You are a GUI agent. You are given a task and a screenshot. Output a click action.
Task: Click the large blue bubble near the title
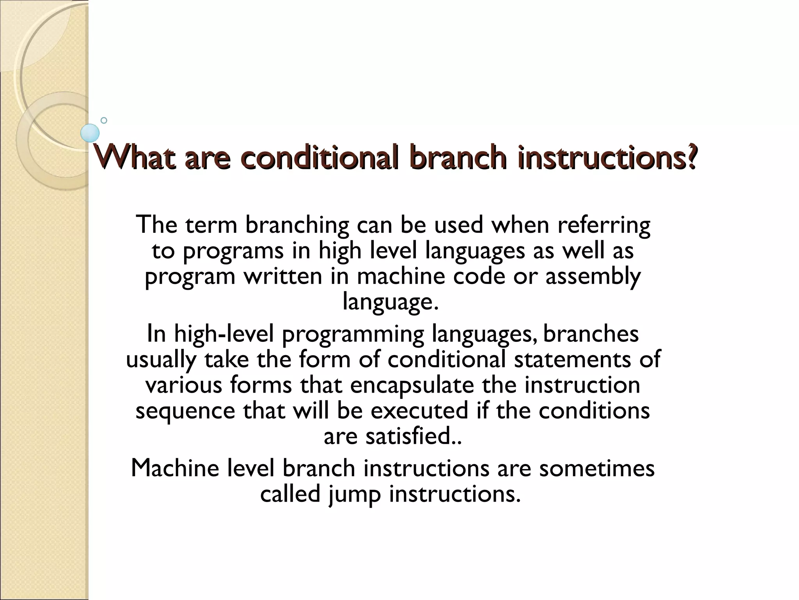coord(90,133)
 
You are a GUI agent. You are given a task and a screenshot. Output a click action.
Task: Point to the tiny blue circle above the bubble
coord(104,120)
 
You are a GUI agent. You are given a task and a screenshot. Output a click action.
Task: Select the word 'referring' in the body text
coord(604,225)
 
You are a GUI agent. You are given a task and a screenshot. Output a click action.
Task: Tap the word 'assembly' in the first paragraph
coord(593,276)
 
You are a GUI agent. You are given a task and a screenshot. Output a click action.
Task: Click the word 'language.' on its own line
coord(391,302)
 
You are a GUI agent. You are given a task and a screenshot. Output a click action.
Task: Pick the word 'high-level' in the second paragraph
coord(224,334)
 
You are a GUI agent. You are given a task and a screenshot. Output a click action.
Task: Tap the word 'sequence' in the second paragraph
coord(185,411)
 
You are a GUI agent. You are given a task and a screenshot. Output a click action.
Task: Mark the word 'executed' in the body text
coord(419,411)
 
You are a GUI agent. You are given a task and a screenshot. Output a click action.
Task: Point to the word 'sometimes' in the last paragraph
coord(597,468)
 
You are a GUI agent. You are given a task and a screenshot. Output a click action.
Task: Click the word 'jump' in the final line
coord(354,494)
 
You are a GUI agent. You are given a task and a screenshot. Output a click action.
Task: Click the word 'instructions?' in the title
coord(607,157)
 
